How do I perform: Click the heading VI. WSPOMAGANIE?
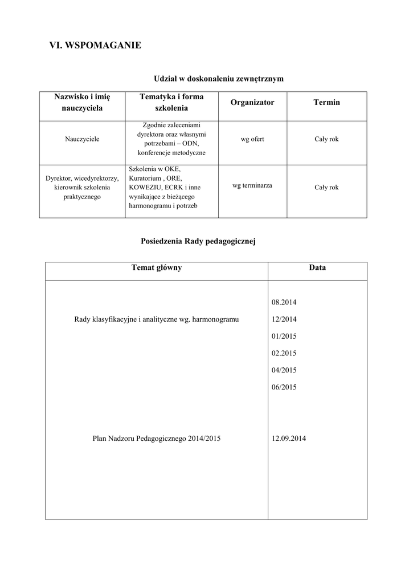pyautogui.click(x=96, y=45)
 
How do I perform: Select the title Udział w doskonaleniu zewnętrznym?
pyautogui.click(x=219, y=78)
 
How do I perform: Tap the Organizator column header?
pyautogui.click(x=252, y=102)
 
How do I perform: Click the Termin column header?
pyautogui.click(x=326, y=102)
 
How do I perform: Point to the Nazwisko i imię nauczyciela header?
pyautogui.click(x=82, y=102)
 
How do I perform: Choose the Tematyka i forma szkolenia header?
pyautogui.click(x=171, y=102)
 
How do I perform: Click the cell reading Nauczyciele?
pyautogui.click(x=82, y=139)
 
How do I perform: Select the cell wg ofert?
pyautogui.click(x=252, y=139)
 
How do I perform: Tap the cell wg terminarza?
pyautogui.click(x=252, y=185)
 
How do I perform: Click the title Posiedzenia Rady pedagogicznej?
pyautogui.click(x=198, y=241)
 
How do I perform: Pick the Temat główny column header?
pyautogui.click(x=157, y=267)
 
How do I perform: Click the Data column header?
pyautogui.click(x=317, y=267)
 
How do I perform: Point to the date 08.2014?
pyautogui.click(x=284, y=302)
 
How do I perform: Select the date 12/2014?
pyautogui.click(x=284, y=319)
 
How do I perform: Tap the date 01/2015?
pyautogui.click(x=284, y=336)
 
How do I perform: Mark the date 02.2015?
pyautogui.click(x=284, y=353)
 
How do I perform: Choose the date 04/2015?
pyautogui.click(x=284, y=370)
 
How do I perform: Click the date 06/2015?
pyautogui.click(x=284, y=387)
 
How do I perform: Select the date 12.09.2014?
pyautogui.click(x=289, y=439)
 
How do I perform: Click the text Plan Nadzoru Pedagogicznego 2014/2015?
pyautogui.click(x=157, y=439)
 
